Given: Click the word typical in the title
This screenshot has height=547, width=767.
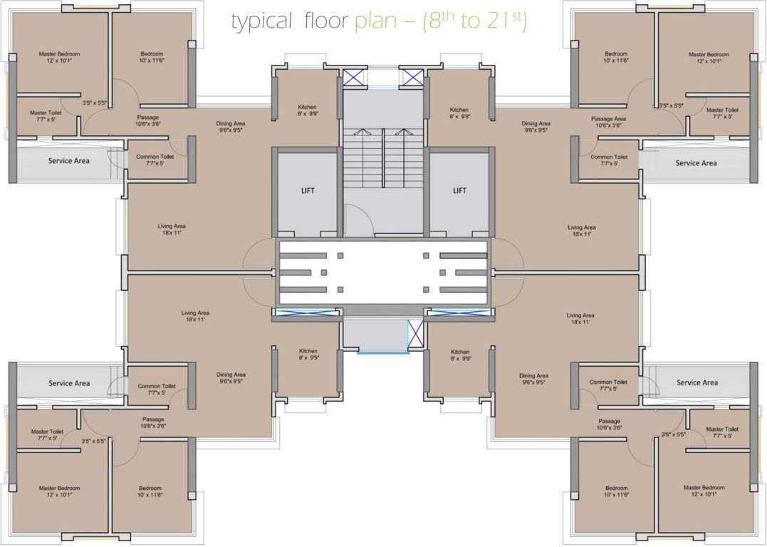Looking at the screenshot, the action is point(261,23).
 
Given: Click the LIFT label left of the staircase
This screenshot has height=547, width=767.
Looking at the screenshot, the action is point(308,190).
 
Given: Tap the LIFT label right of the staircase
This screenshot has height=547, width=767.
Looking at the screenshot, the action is point(459,190).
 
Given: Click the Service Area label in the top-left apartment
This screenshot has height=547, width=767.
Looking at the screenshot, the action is point(69,161).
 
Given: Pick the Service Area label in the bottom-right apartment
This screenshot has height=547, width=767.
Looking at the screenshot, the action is point(696,382).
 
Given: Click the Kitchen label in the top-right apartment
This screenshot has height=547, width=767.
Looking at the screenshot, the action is point(459,110).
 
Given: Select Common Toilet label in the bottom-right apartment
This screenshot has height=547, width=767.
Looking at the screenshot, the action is point(608,382).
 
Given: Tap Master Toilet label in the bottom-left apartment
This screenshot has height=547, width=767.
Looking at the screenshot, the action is point(47,431).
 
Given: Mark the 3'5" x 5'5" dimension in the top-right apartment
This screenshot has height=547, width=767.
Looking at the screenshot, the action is point(672,105).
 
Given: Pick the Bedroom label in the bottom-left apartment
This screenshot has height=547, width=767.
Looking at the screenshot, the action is point(151,488).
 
